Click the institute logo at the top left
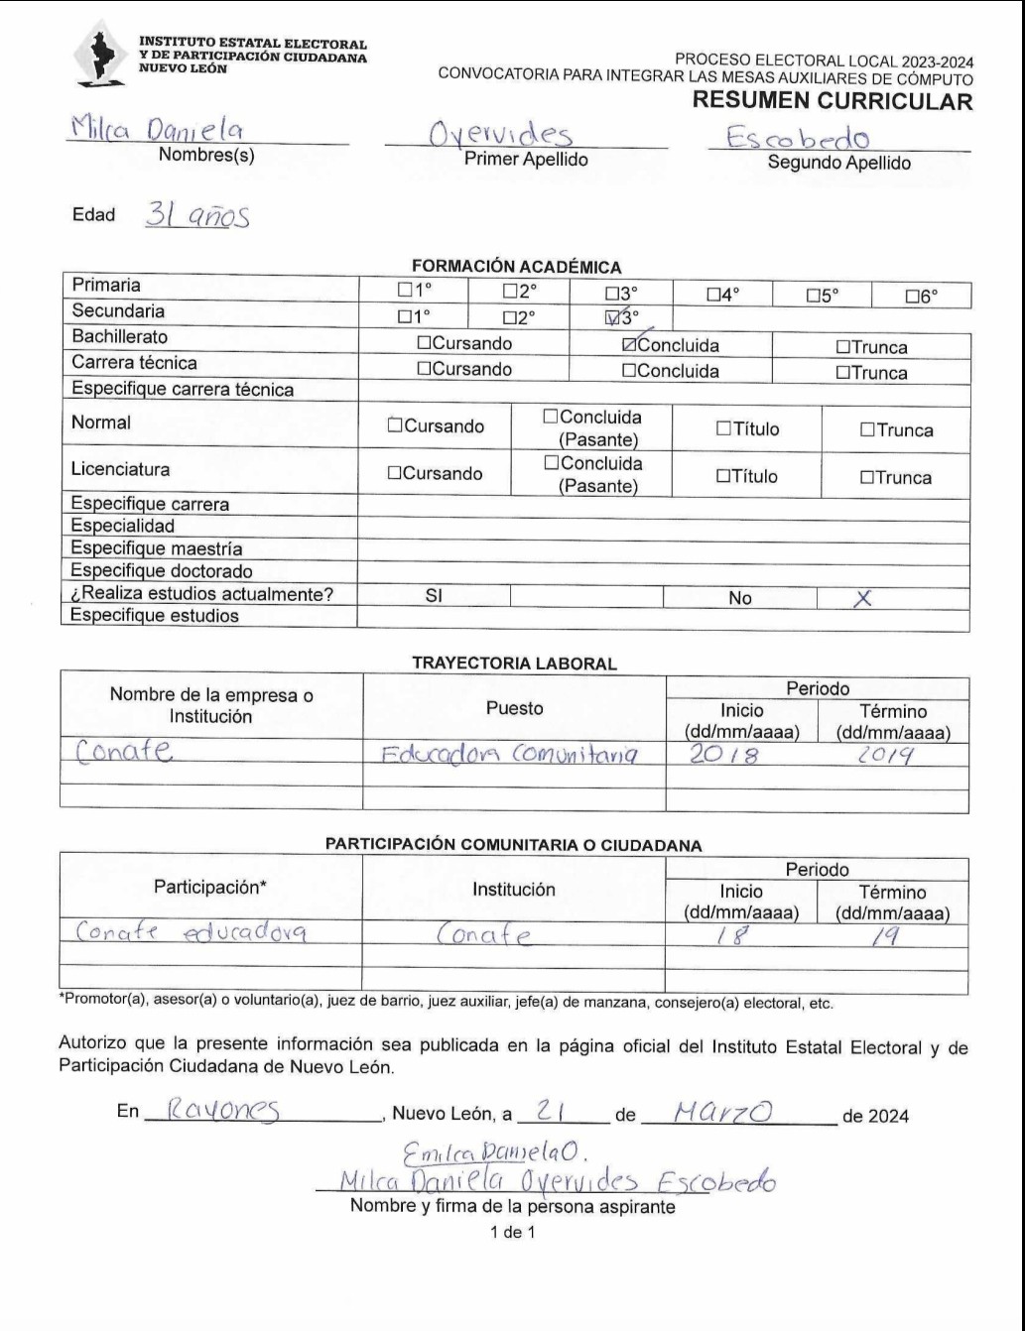(99, 56)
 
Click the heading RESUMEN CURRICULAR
(832, 101)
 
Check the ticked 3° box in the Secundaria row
(611, 318)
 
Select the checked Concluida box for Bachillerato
(629, 346)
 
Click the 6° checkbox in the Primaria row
(912, 296)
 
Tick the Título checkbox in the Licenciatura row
(723, 477)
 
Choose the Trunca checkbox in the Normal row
(866, 430)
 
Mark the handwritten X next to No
(862, 598)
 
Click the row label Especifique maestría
(157, 548)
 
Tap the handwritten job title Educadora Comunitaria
(509, 755)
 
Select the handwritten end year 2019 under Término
(886, 755)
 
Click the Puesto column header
(514, 708)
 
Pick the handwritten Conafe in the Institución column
(484, 935)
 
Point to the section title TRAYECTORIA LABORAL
(514, 664)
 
